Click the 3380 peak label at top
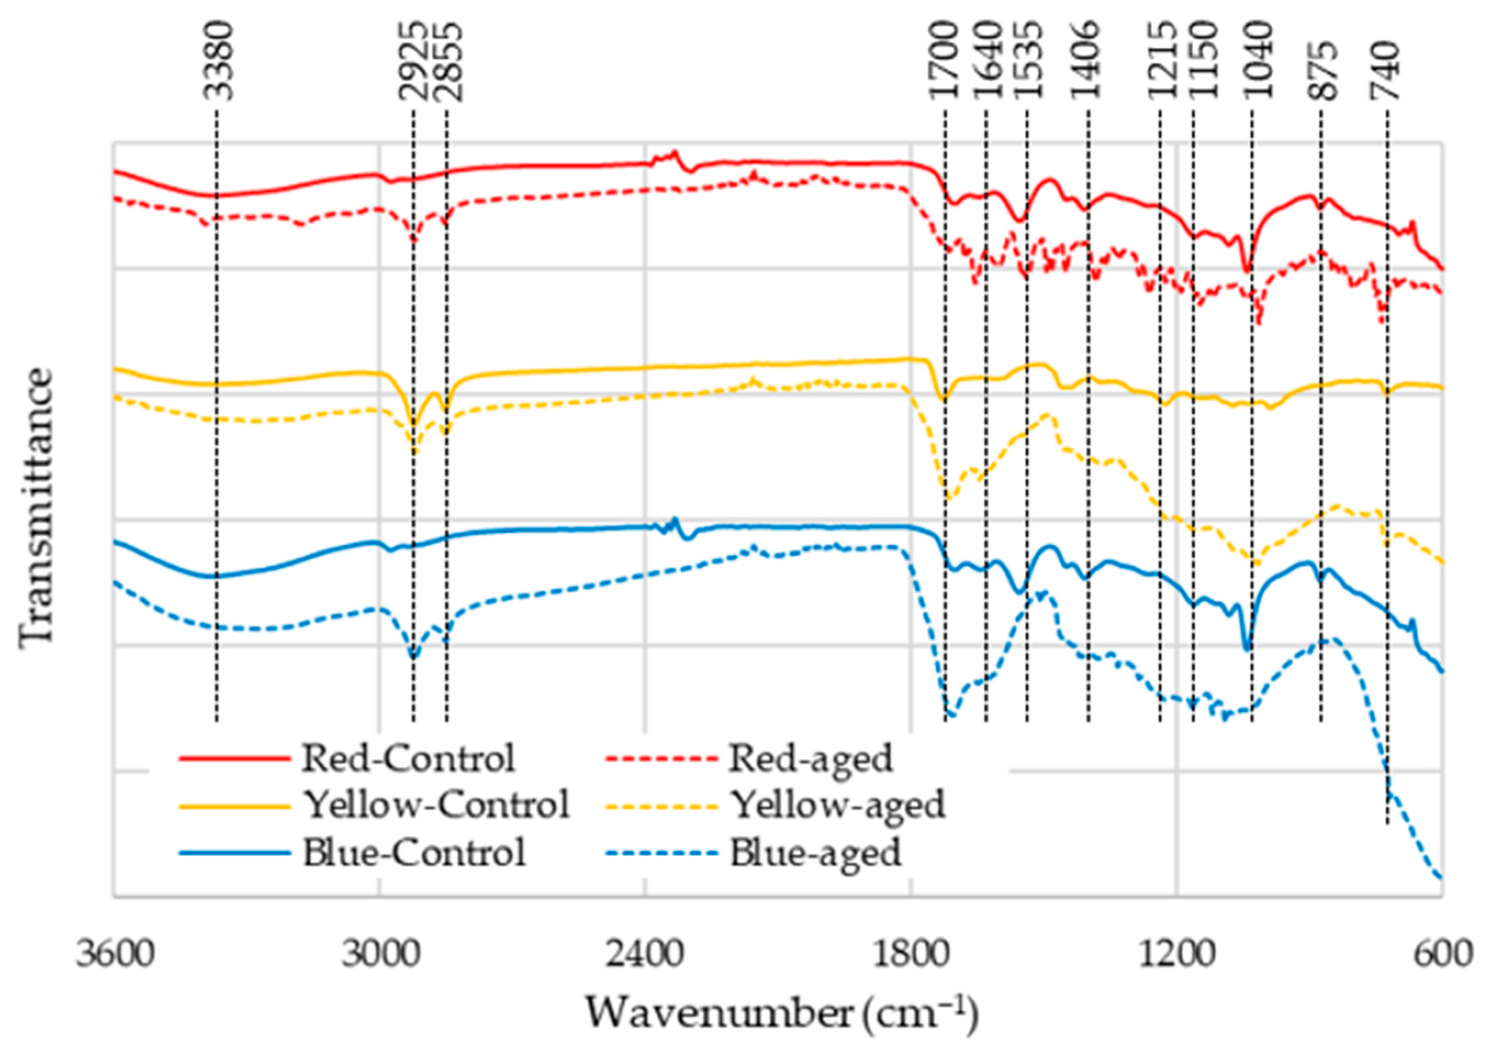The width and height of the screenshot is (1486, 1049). click(x=216, y=62)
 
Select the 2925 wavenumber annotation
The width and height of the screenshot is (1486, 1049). click(x=413, y=62)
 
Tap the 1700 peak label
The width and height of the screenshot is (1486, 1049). click(x=944, y=62)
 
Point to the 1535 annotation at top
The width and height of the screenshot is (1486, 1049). click(x=1027, y=62)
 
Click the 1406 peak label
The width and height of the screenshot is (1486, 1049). click(x=1087, y=62)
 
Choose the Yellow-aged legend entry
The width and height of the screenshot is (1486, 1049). click(x=838, y=805)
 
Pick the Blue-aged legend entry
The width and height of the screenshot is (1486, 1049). click(x=816, y=853)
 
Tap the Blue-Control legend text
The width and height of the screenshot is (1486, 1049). click(x=414, y=853)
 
